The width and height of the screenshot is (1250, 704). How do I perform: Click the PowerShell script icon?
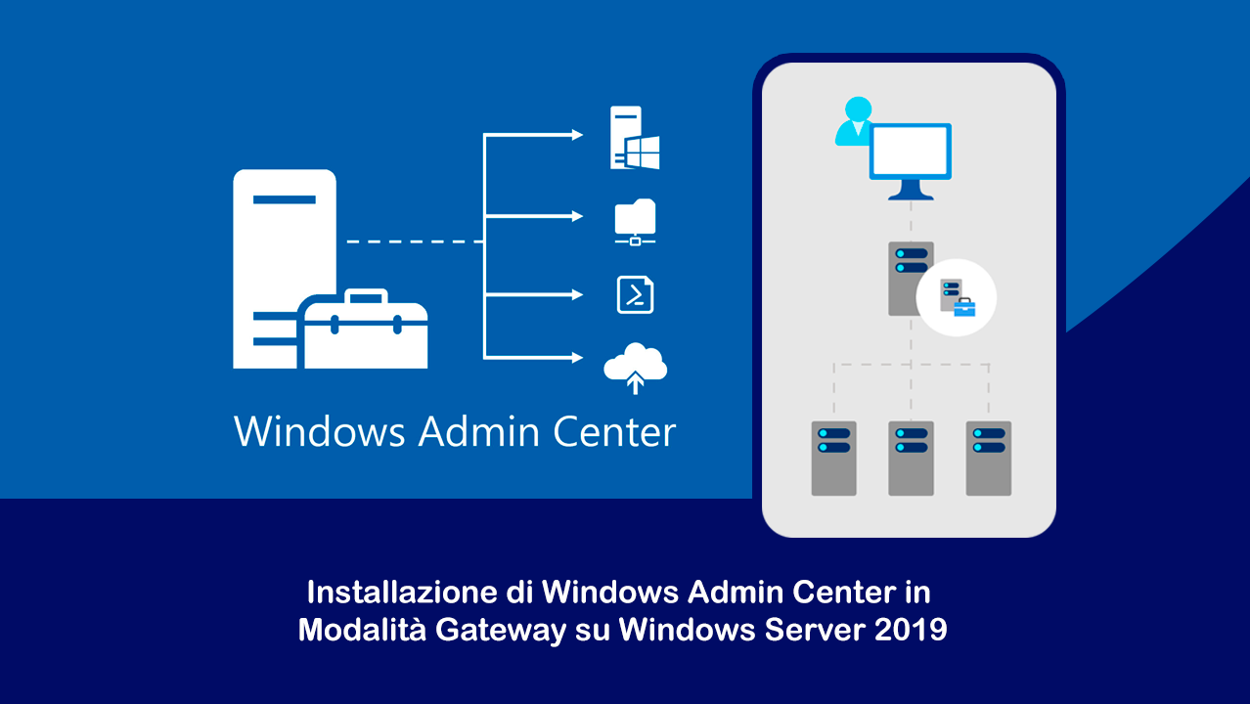pos(635,294)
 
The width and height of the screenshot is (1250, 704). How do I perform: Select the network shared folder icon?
pos(635,222)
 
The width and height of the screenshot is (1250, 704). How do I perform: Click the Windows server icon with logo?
pos(635,138)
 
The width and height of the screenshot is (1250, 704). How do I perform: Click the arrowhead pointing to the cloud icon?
pos(578,358)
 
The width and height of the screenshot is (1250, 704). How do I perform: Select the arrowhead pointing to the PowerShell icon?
pos(578,294)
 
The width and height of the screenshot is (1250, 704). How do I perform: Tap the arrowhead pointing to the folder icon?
pos(578,216)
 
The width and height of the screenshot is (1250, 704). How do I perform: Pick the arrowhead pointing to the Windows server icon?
pos(578,134)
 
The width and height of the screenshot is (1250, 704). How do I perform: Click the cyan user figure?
pos(855,120)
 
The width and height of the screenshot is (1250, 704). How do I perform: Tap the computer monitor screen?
pos(911,151)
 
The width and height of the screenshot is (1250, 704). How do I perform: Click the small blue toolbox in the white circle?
pos(964,307)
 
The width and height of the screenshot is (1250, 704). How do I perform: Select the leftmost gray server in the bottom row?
pos(833,458)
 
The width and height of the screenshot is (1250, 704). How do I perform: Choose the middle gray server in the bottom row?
pos(911,458)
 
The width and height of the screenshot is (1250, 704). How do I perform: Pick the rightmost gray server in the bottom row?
pos(988,458)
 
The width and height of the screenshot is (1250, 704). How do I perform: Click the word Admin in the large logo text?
pos(479,431)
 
